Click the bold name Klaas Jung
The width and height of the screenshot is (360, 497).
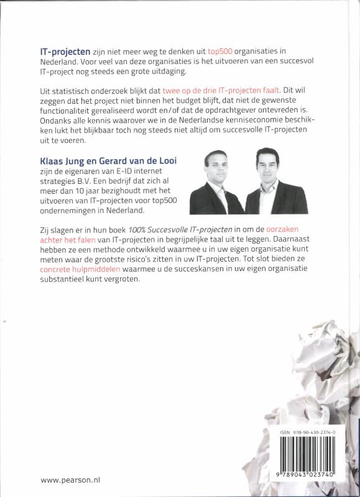tap(65, 160)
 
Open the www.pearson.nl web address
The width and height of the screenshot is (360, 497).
tap(71, 480)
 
